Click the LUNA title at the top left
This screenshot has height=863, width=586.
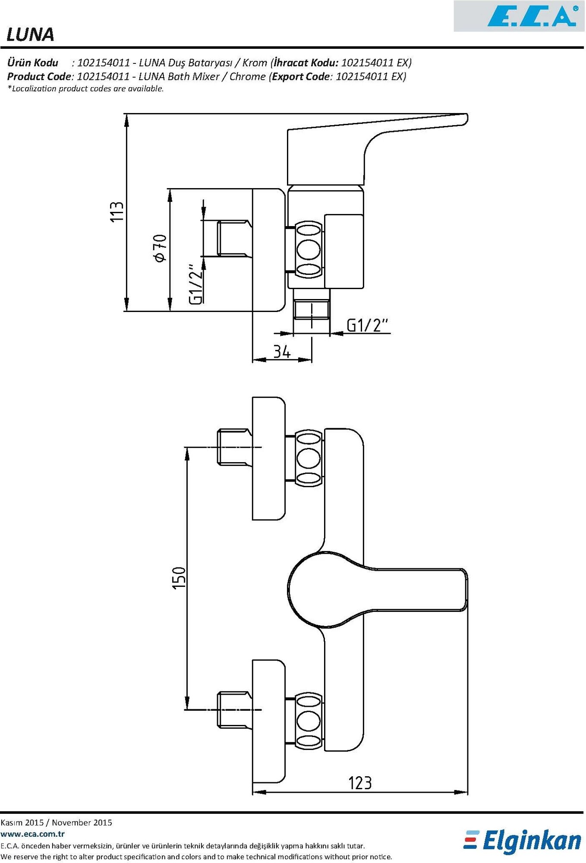30,35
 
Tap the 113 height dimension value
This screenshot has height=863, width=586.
117,211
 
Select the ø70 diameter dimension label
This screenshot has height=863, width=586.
160,248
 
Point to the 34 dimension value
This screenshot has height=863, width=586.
282,351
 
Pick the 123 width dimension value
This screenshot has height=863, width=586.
359,782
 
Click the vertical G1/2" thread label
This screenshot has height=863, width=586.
196,285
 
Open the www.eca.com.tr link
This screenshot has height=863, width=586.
32,834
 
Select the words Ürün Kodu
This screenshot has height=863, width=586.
33,63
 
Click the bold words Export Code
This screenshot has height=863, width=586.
301,77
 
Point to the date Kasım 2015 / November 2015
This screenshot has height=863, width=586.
56,822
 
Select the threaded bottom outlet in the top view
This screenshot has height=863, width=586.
311,310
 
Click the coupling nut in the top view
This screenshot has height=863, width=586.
309,249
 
